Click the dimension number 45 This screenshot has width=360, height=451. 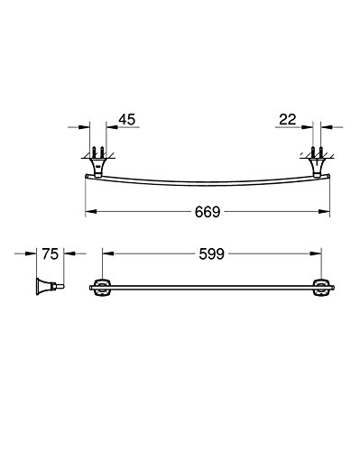(127, 119)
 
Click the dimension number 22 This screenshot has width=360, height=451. (288, 119)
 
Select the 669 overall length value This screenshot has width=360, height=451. (208, 212)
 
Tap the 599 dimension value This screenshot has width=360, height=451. (212, 254)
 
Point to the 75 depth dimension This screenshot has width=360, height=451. (50, 254)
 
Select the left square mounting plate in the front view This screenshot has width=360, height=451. (102, 288)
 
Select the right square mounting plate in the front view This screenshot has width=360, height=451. (321, 288)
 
